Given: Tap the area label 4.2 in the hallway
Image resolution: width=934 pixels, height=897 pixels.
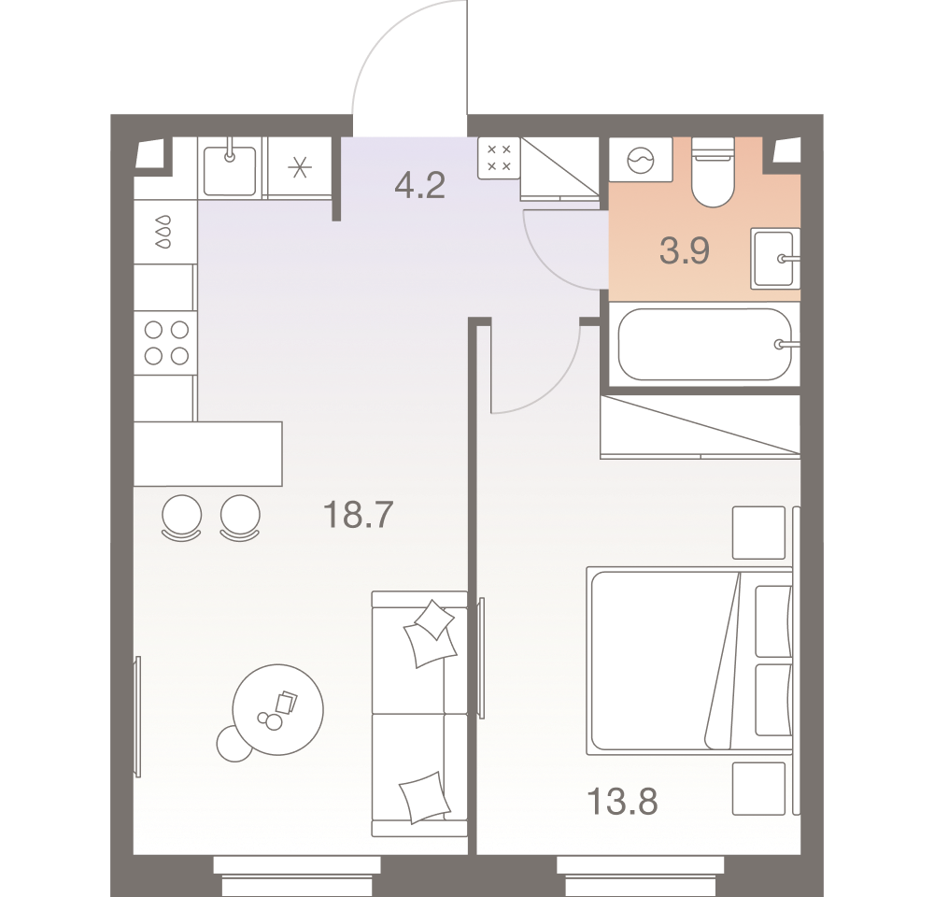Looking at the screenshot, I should pos(419,186).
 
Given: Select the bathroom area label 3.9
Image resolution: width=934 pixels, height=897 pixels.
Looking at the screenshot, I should pos(685,251).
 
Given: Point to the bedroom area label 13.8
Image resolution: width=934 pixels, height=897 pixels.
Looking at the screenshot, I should pos(623,801).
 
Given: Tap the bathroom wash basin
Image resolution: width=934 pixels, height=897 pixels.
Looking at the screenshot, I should pos(774,259).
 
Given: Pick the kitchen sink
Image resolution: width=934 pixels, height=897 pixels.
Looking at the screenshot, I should pos(230,166).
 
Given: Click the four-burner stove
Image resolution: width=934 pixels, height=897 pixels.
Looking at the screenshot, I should pos(165,342).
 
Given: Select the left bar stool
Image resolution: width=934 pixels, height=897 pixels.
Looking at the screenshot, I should pos(181,517).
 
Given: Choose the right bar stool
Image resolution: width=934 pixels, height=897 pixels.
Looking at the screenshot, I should pos(240,517).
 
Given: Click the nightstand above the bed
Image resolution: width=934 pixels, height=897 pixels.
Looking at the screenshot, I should pos(758,533).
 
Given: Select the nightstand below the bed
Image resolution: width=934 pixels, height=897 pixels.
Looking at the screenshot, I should pos(758,788).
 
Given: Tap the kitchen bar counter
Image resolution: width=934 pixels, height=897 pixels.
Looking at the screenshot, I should pos(207,453).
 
